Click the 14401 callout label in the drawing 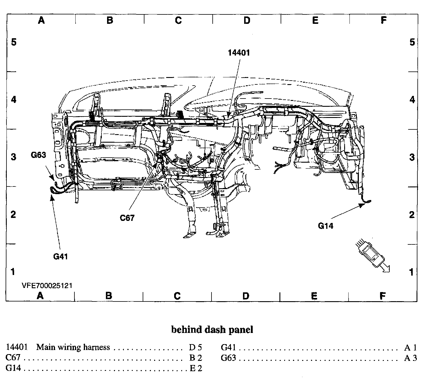239,53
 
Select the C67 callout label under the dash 127,218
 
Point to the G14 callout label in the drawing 326,226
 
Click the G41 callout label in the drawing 61,256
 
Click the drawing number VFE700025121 47,286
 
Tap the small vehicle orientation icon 372,255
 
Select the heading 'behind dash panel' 212,330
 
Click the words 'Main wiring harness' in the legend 73,347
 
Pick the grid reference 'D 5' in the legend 195,348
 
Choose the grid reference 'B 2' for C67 196,358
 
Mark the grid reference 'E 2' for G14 196,368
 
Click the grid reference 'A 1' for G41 410,348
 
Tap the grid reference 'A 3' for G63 410,358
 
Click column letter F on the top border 383,20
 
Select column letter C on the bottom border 177,296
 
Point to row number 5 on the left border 14,42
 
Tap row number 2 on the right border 412,215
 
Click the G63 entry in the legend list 228,358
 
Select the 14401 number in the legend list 17,347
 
